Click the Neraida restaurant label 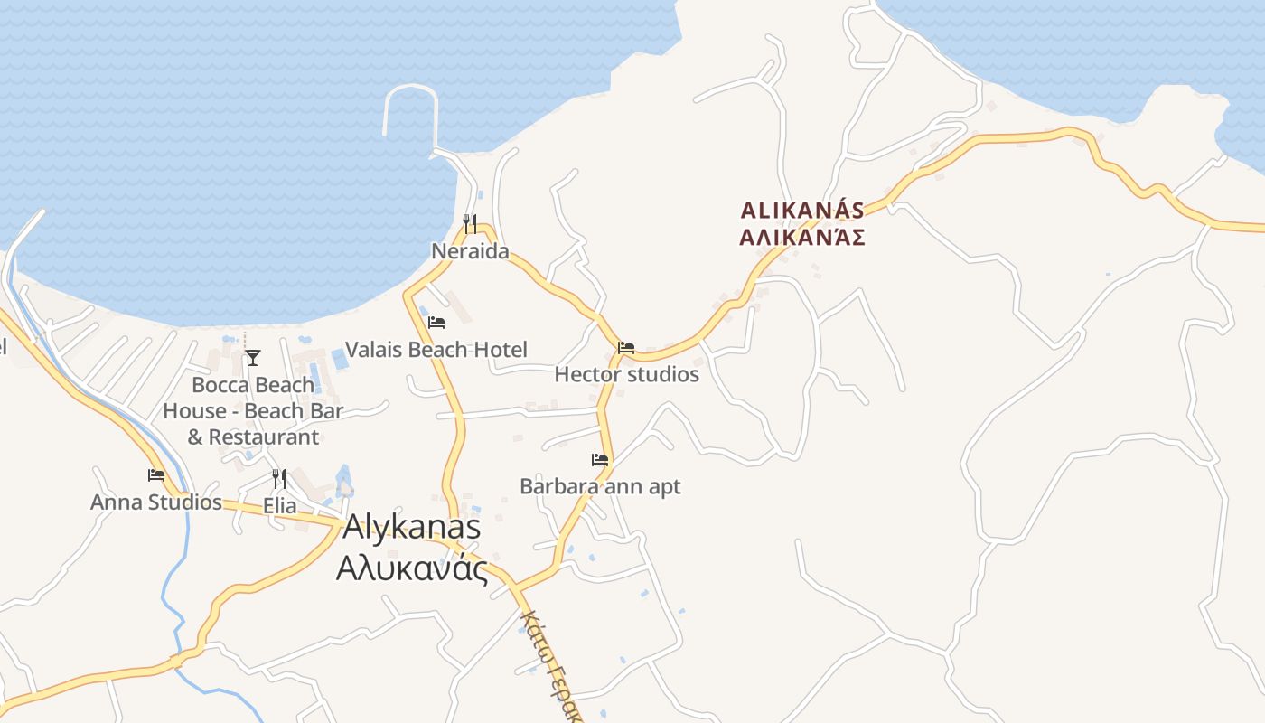point(470,251)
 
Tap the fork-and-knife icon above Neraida point(470,223)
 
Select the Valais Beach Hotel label point(436,350)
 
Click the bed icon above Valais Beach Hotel point(436,322)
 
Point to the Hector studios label point(626,374)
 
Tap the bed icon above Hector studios point(626,347)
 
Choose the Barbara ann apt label point(600,486)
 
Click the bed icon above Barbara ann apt point(600,459)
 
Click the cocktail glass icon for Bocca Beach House point(253,358)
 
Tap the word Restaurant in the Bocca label point(263,437)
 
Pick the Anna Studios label point(156,502)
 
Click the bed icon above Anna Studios point(156,474)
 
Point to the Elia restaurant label point(279,505)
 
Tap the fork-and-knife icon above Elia point(279,479)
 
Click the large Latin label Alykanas point(411,527)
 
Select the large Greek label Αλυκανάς point(411,568)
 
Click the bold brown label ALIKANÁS point(802,211)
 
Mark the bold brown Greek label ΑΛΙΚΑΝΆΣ point(802,237)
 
